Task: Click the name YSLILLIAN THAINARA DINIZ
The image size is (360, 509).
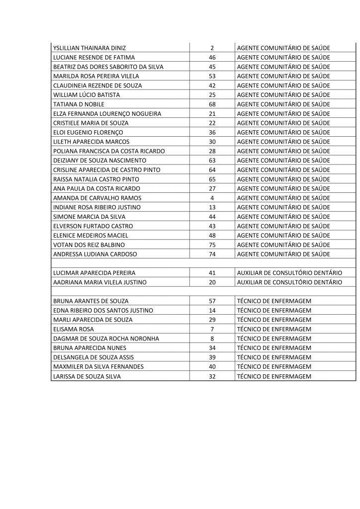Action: [89, 48]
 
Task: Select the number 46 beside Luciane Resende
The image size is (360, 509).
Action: [212, 58]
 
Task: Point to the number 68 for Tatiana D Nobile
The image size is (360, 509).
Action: [212, 104]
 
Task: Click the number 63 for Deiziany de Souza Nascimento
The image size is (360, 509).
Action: [212, 161]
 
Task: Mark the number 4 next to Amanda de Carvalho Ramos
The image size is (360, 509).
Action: [212, 198]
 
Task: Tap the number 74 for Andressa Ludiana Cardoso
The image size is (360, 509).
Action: [212, 254]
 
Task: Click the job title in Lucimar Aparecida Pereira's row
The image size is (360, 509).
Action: [289, 273]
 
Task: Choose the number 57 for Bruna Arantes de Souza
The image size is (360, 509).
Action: [212, 301]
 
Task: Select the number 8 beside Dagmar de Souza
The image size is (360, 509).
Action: [212, 339]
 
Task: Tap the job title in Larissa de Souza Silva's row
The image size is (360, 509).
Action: [274, 376]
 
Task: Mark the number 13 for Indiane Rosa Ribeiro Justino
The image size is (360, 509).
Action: [212, 207]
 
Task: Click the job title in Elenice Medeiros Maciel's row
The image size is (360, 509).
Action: [284, 235]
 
